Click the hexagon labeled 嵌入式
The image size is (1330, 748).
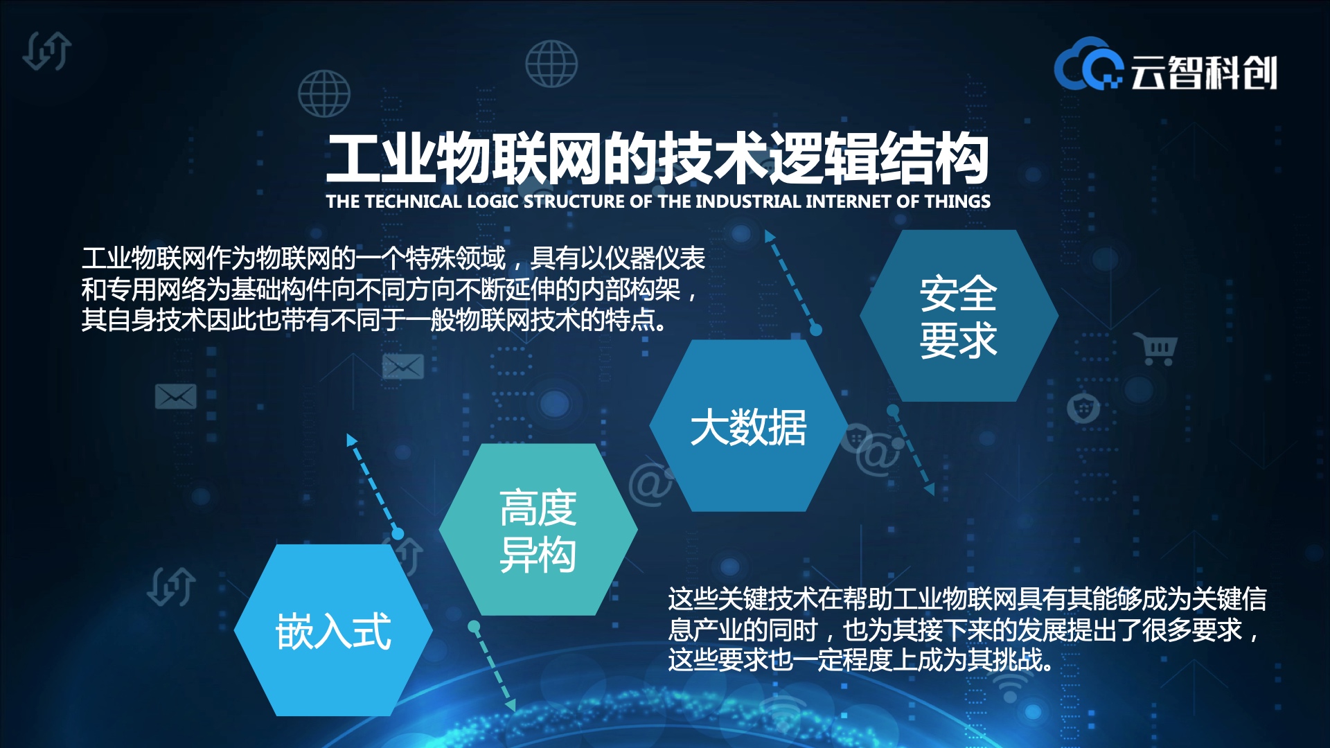[333, 630]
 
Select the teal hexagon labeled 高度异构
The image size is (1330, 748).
[538, 530]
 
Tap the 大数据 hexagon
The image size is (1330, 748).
[749, 426]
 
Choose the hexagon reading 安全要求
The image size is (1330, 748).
[959, 316]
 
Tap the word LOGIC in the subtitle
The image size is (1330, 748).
[493, 202]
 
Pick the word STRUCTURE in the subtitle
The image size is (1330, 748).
[574, 202]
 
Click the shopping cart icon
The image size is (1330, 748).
[1155, 348]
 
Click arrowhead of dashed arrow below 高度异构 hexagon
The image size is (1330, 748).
[511, 705]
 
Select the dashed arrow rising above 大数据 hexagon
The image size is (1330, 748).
[792, 281]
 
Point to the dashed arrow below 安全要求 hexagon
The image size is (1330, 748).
[912, 451]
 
